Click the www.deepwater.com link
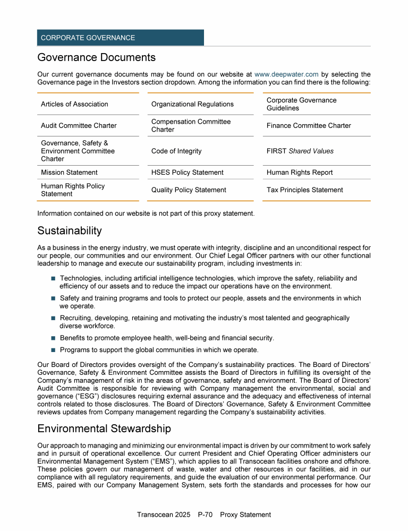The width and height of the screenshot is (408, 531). click(286, 75)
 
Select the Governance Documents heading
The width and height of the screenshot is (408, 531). click(96, 57)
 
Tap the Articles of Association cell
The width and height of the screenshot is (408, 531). click(74, 104)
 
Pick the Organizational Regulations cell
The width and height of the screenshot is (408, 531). click(192, 104)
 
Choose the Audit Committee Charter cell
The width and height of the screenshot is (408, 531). click(79, 126)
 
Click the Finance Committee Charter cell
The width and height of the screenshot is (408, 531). click(309, 126)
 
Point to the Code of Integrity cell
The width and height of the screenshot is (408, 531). click(176, 151)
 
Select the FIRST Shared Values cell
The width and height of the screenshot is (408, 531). click(300, 151)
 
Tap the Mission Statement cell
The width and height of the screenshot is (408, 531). click(69, 173)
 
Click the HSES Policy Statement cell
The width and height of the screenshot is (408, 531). click(187, 173)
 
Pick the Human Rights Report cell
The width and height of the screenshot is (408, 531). click(300, 173)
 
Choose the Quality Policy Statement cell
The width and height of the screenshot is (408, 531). click(189, 190)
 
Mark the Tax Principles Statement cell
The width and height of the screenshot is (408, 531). click(304, 190)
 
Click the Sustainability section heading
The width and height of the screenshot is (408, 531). click(69, 231)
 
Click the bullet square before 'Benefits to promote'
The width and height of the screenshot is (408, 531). click(53, 338)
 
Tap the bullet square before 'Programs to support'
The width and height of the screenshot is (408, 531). click(53, 350)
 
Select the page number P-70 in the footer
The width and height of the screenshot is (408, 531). click(206, 515)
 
